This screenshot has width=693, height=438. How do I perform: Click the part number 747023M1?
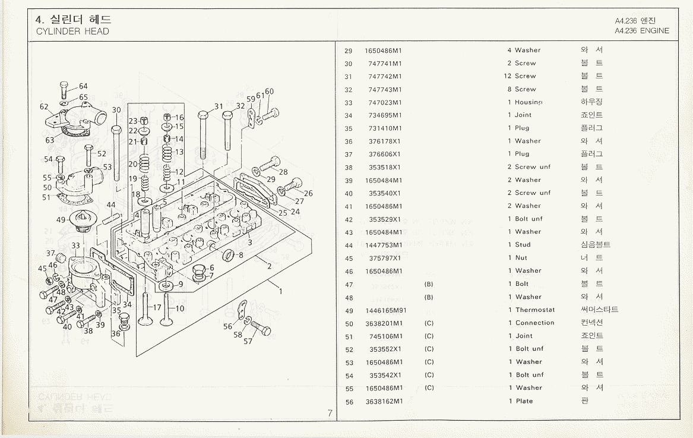pos(385,102)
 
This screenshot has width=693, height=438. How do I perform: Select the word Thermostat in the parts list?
pos(535,310)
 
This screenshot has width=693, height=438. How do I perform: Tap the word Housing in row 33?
pos(529,102)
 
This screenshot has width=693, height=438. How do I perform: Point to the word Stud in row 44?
pos(523,245)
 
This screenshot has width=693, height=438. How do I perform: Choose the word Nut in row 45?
pos(521,258)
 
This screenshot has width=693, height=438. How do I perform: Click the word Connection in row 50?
pos(535,323)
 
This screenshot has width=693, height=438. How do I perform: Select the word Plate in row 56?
pos(524,401)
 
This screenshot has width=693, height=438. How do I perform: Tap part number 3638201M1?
pos(384,323)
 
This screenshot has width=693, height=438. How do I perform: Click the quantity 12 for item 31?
pos(508,76)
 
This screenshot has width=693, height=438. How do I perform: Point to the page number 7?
pos(330,413)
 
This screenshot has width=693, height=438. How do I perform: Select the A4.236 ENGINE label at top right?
pos(642,31)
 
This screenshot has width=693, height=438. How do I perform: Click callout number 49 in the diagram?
pos(61,220)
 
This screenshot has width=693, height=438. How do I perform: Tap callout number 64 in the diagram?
pos(83,87)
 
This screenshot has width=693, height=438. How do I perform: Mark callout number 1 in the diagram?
pos(280,292)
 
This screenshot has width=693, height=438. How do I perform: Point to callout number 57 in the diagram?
pos(248,342)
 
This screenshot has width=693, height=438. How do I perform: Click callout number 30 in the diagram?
pos(116,110)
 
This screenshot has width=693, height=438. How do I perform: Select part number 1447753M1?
pos(384,245)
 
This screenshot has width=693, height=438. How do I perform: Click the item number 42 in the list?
pos(349,219)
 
